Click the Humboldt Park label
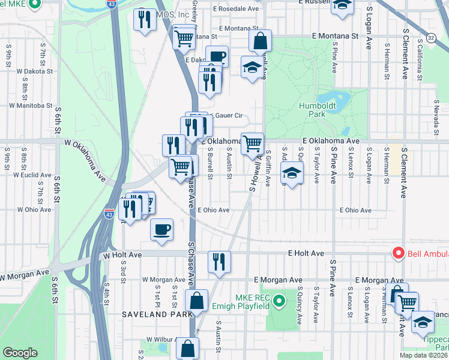(317, 110)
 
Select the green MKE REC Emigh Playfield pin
(279, 300)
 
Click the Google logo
(20, 353)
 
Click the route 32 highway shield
(431, 38)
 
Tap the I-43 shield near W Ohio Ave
(109, 213)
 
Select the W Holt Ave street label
(122, 254)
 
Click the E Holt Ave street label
(306, 254)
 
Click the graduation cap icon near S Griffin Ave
(292, 173)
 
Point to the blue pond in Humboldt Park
(333, 98)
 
